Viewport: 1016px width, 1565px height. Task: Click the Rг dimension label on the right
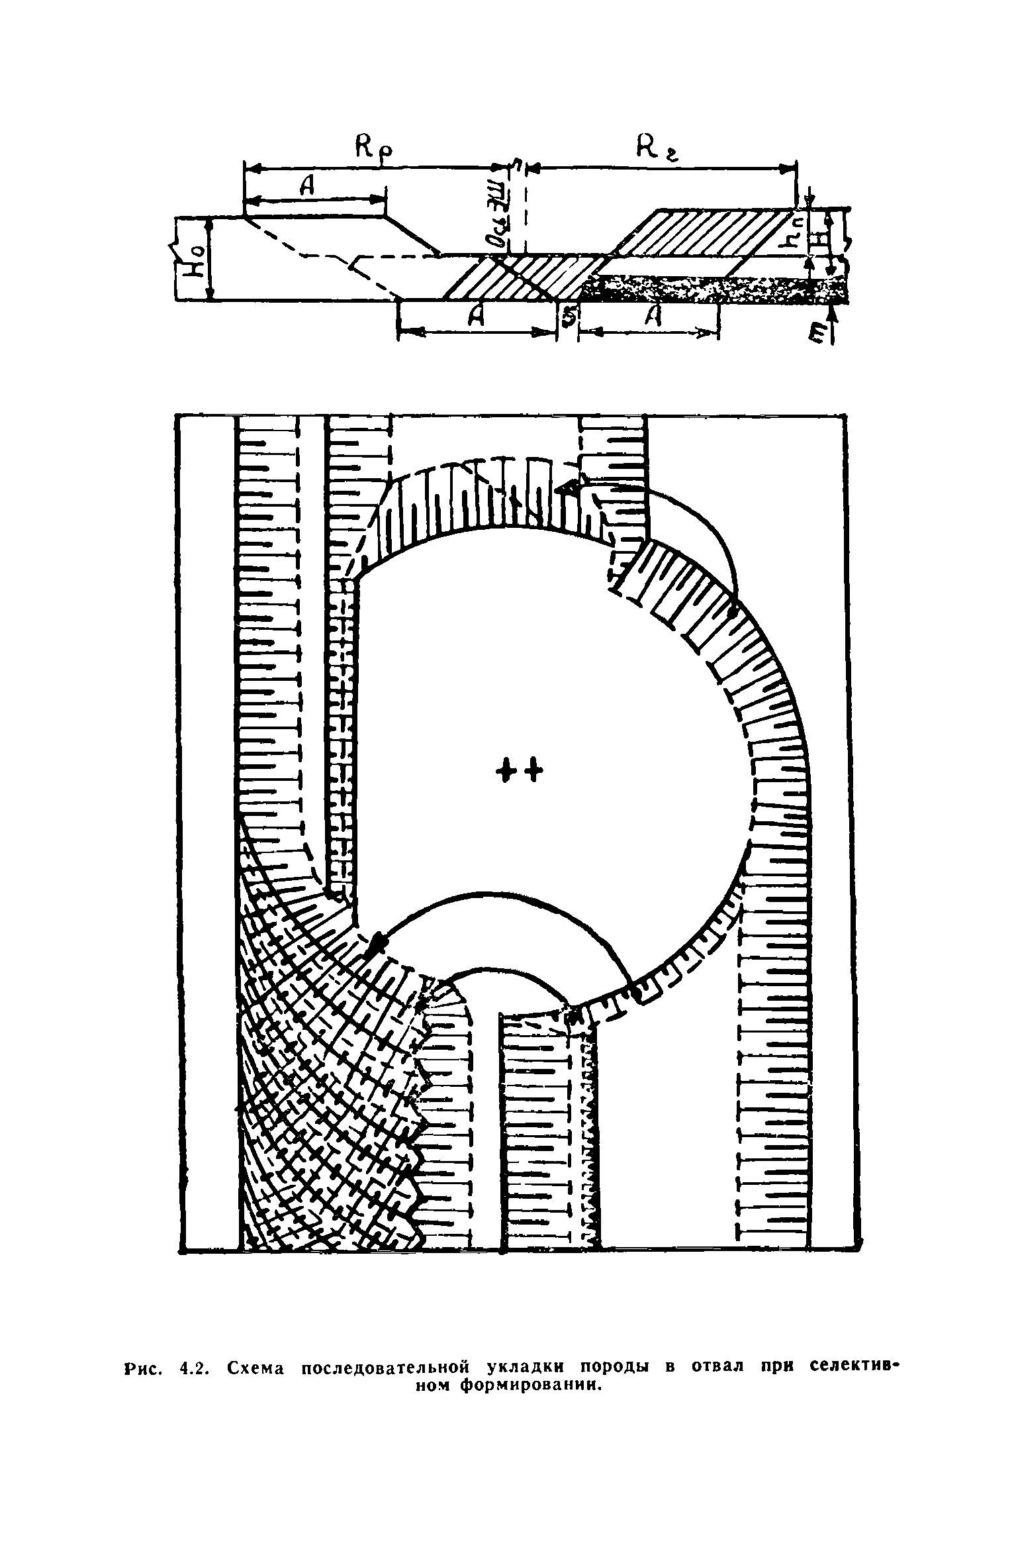(656, 147)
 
